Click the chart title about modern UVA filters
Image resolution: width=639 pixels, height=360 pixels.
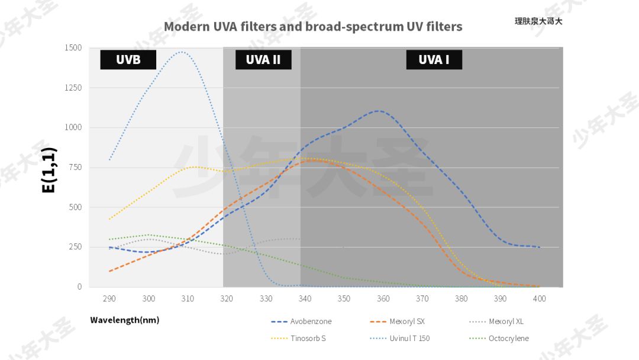tap(313, 27)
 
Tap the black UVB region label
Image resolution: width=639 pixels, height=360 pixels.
tap(128, 60)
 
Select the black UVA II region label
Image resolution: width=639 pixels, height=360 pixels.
tap(263, 60)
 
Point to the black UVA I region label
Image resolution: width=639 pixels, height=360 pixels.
tap(434, 60)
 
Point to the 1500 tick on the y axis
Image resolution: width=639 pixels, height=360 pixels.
tap(73, 48)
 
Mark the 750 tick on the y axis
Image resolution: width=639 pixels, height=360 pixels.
tap(75, 168)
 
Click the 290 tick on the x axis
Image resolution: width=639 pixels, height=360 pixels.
tap(109, 299)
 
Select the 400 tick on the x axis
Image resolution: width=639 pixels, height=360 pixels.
tap(540, 299)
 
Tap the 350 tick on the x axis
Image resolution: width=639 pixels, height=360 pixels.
tap(344, 299)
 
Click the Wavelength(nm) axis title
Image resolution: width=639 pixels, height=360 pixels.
tap(125, 320)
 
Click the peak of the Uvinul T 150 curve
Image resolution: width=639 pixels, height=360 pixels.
tap(182, 52)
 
